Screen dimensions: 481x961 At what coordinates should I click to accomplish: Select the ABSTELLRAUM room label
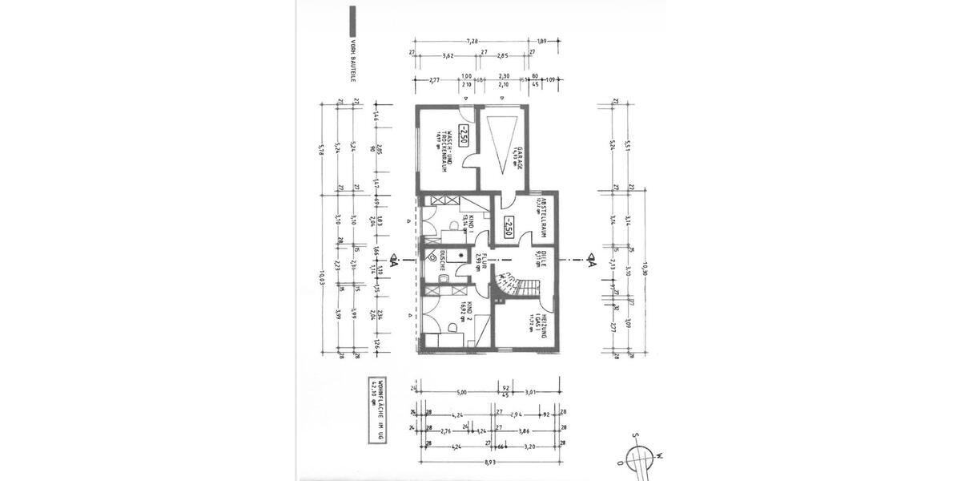542,216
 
